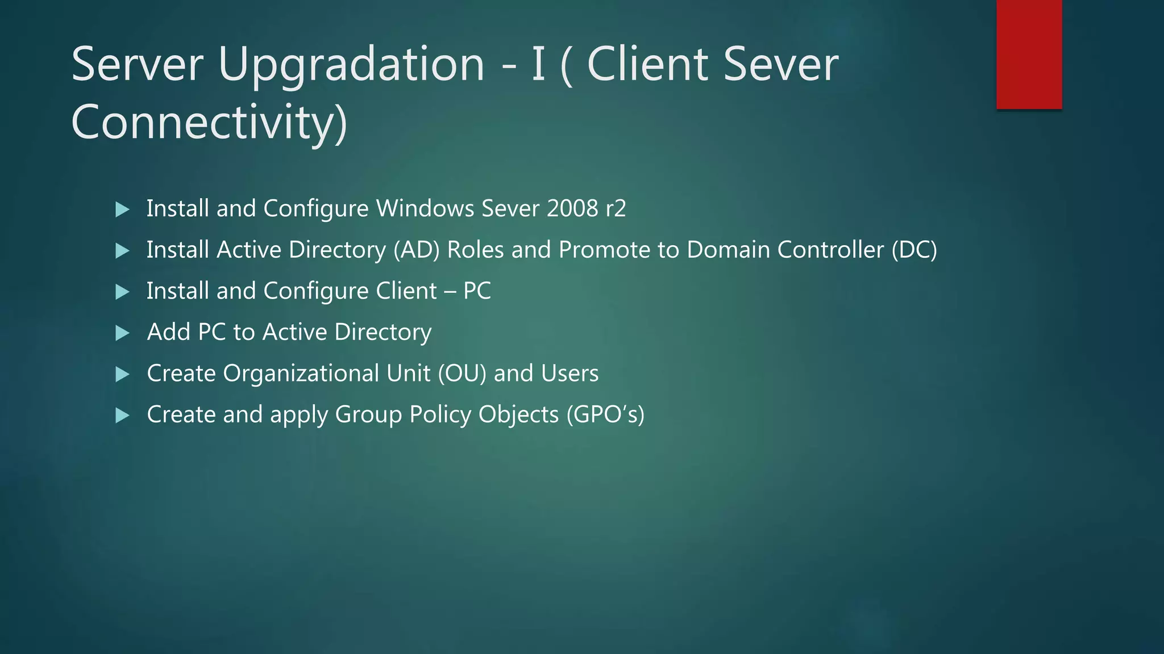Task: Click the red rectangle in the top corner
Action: point(1029,54)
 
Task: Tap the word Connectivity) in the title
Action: point(209,123)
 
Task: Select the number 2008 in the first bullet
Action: point(572,208)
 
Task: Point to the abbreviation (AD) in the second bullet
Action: point(417,250)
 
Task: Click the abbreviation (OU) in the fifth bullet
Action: point(462,374)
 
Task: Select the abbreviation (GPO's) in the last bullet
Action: point(605,414)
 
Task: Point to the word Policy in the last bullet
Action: point(440,415)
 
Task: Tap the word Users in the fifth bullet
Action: point(569,374)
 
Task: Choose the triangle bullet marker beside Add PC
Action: point(122,333)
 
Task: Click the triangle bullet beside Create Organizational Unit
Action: point(122,374)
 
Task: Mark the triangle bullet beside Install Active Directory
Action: point(122,250)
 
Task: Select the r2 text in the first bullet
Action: point(616,208)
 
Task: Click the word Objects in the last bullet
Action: point(518,415)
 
